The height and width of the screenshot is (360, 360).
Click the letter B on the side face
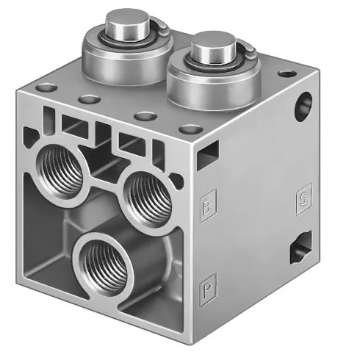point(208,208)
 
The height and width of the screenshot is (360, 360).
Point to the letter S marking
point(302,198)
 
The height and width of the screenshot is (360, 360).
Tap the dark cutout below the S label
point(300,248)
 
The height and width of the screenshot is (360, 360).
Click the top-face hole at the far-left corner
point(48,87)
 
